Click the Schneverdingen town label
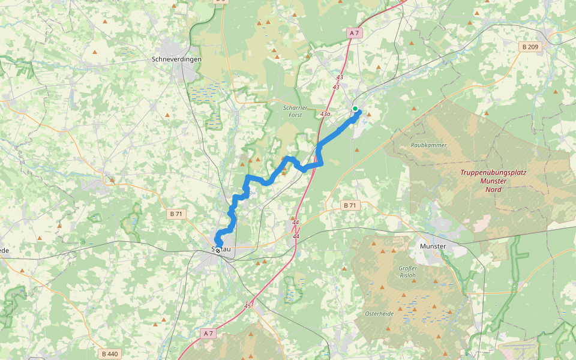tap(176, 59)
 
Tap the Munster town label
tap(433, 247)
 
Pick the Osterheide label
tap(379, 313)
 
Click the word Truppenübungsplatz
tap(493, 172)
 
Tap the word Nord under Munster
tap(493, 189)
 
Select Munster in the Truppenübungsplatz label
tap(493, 181)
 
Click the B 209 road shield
tap(530, 47)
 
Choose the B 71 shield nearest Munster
tap(349, 205)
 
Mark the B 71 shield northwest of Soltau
tap(175, 213)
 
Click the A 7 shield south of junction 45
tap(208, 333)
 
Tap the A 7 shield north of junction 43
tap(354, 34)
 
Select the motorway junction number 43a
tap(326, 113)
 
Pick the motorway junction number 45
tap(248, 305)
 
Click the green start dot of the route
tap(355, 109)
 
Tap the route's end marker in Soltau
tap(217, 251)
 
